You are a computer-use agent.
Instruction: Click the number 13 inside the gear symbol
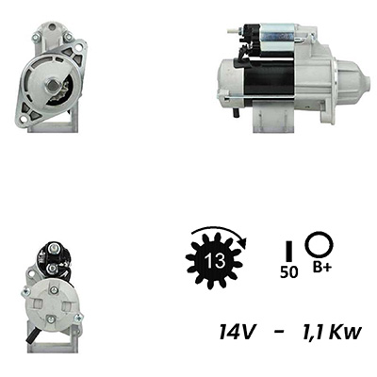[215, 260]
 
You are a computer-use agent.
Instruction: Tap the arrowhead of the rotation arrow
[243, 242]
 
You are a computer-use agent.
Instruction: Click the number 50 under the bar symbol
[288, 272]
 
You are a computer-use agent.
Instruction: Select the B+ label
[321, 268]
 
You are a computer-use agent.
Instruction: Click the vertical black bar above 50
[289, 251]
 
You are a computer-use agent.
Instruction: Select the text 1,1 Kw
[331, 332]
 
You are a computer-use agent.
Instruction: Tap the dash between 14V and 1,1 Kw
[277, 332]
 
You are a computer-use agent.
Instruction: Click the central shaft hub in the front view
[51, 85]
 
